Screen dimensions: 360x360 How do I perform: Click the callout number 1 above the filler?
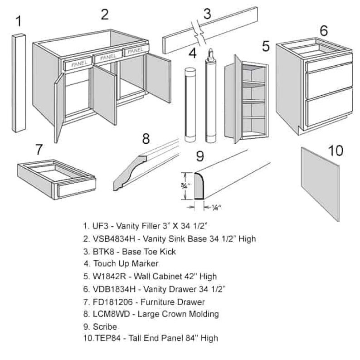click(19, 21)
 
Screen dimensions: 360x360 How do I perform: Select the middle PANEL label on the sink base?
click(107, 57)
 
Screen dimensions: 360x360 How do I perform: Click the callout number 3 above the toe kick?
click(207, 13)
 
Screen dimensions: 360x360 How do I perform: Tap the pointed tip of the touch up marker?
click(210, 51)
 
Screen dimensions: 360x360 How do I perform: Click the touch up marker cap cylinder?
click(190, 104)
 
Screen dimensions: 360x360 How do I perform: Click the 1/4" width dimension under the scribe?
click(215, 208)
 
